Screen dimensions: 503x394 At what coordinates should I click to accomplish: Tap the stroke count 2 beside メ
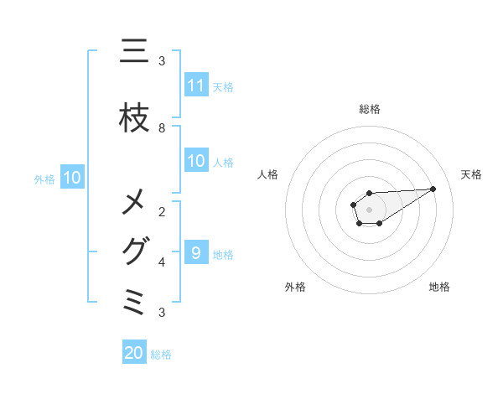click(x=162, y=211)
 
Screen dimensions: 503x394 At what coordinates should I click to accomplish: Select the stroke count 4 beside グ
click(x=162, y=262)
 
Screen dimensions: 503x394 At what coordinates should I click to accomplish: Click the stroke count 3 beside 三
click(x=162, y=60)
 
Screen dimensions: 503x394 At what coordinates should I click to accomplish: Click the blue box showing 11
click(x=196, y=86)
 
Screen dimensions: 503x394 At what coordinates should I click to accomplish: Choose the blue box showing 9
click(x=196, y=253)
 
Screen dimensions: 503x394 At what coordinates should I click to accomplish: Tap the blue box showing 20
click(x=134, y=353)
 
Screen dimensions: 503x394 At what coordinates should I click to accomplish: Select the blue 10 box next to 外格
click(x=71, y=178)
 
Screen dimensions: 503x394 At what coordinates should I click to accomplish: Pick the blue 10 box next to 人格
click(x=196, y=161)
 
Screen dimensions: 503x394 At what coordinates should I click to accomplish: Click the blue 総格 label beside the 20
click(x=161, y=355)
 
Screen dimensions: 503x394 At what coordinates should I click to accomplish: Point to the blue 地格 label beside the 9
click(x=223, y=254)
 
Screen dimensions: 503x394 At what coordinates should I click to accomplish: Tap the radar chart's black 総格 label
click(x=369, y=109)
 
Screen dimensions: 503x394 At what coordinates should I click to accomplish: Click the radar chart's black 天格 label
click(x=471, y=174)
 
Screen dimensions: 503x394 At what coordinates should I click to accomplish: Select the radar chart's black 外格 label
click(x=295, y=287)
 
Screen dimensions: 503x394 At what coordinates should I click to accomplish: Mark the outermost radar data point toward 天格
click(x=433, y=189)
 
